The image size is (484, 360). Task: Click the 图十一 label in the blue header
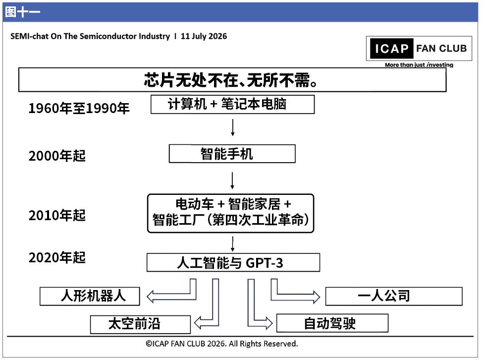[x=22, y=12]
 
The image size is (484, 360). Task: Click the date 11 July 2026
[x=204, y=36]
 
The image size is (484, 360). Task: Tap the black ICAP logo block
[x=391, y=49]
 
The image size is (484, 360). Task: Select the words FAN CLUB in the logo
[x=441, y=48]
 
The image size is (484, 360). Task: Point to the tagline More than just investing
[x=419, y=65]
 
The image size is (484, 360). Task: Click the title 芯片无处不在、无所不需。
[x=230, y=80]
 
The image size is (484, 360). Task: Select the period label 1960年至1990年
[x=79, y=109]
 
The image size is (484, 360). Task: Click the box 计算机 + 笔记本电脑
[x=232, y=105]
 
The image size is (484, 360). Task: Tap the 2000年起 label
[x=57, y=156]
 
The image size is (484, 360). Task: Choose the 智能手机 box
[x=232, y=154]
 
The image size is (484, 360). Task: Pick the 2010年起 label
[x=57, y=215]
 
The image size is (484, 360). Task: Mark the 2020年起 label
[x=57, y=257]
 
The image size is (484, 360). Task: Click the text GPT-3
[x=264, y=263]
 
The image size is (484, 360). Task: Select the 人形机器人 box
[x=90, y=296]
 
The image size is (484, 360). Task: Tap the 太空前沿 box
[x=141, y=324]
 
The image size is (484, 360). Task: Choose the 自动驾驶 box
[x=332, y=323]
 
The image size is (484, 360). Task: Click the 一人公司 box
[x=394, y=297]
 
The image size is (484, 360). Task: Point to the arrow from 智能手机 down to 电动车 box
[x=232, y=180]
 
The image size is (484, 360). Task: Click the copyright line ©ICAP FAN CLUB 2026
[x=221, y=344]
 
